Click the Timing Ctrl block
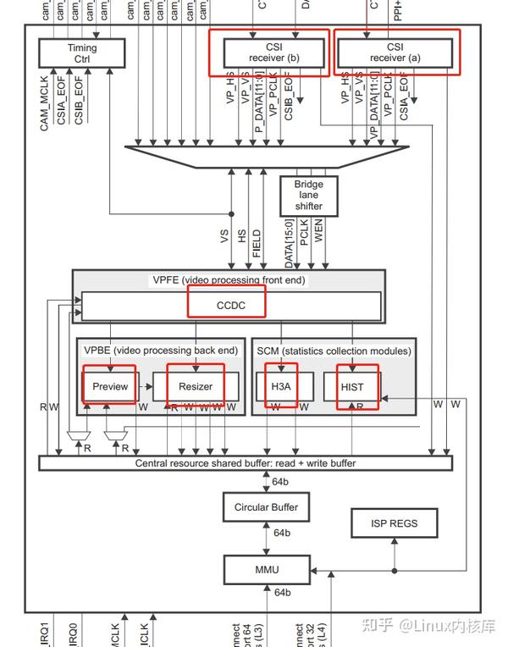(82, 53)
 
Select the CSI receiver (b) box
(268, 53)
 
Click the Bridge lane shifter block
(308, 195)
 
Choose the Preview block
(110, 386)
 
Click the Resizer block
(196, 386)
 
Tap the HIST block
(351, 386)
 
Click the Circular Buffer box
(266, 507)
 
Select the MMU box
(266, 570)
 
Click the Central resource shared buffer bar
(246, 463)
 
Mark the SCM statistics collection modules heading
(334, 351)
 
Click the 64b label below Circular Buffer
(281, 533)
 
